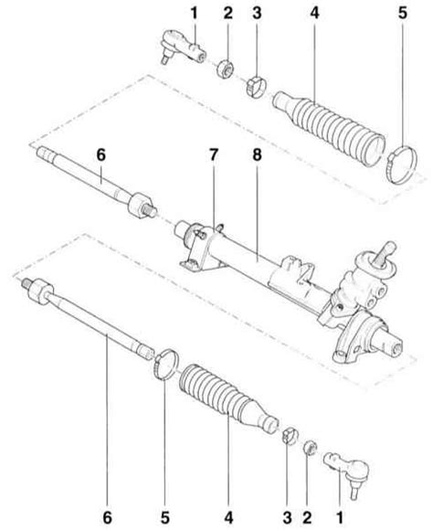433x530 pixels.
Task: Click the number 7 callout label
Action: pos(214,155)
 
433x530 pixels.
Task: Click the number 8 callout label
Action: pos(257,155)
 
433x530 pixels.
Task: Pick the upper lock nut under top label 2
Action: pos(225,69)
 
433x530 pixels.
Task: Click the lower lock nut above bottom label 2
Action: pos(310,448)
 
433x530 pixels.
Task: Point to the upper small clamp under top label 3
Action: pos(256,87)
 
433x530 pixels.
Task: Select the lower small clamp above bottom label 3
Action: pos(290,435)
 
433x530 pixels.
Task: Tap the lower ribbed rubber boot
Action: pos(227,398)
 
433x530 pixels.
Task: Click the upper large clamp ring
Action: pos(402,164)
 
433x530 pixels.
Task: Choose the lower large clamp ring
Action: pos(166,366)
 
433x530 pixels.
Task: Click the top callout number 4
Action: pos(314,13)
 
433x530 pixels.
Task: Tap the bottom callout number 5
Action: pos(165,517)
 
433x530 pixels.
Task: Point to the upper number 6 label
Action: pos(101,155)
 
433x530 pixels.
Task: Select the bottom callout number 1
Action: pos(340,517)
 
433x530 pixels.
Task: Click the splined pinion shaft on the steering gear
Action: pos(385,252)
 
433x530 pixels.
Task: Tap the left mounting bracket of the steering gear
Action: pos(197,250)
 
